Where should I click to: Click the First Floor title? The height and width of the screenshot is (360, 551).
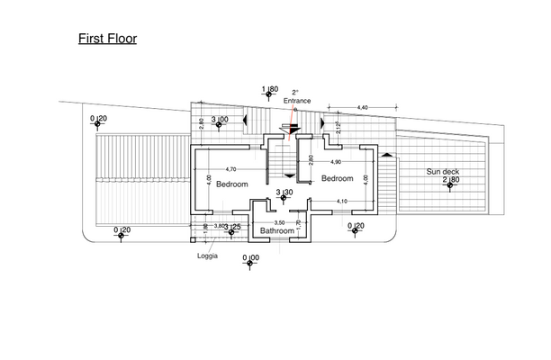(x=106, y=40)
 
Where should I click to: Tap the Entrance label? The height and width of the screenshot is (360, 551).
(x=297, y=102)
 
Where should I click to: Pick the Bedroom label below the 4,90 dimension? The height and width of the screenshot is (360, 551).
(x=339, y=178)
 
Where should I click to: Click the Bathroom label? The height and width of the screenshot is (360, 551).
(x=277, y=230)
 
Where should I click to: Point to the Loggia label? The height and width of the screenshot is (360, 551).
(x=207, y=255)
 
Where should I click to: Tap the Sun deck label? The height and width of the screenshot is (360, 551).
(x=442, y=171)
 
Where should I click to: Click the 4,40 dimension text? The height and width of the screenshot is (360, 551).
(x=363, y=107)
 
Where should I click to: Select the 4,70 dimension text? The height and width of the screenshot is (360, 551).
(x=230, y=169)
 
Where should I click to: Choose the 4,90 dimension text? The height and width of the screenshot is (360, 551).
(x=335, y=161)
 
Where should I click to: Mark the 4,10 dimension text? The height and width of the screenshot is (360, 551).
(x=341, y=201)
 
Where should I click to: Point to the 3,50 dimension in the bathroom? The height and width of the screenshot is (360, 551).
(x=279, y=221)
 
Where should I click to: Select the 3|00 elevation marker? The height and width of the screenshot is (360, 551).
(x=219, y=119)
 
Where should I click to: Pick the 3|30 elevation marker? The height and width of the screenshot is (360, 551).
(x=284, y=193)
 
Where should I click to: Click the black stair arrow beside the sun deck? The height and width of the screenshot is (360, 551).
(x=389, y=156)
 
